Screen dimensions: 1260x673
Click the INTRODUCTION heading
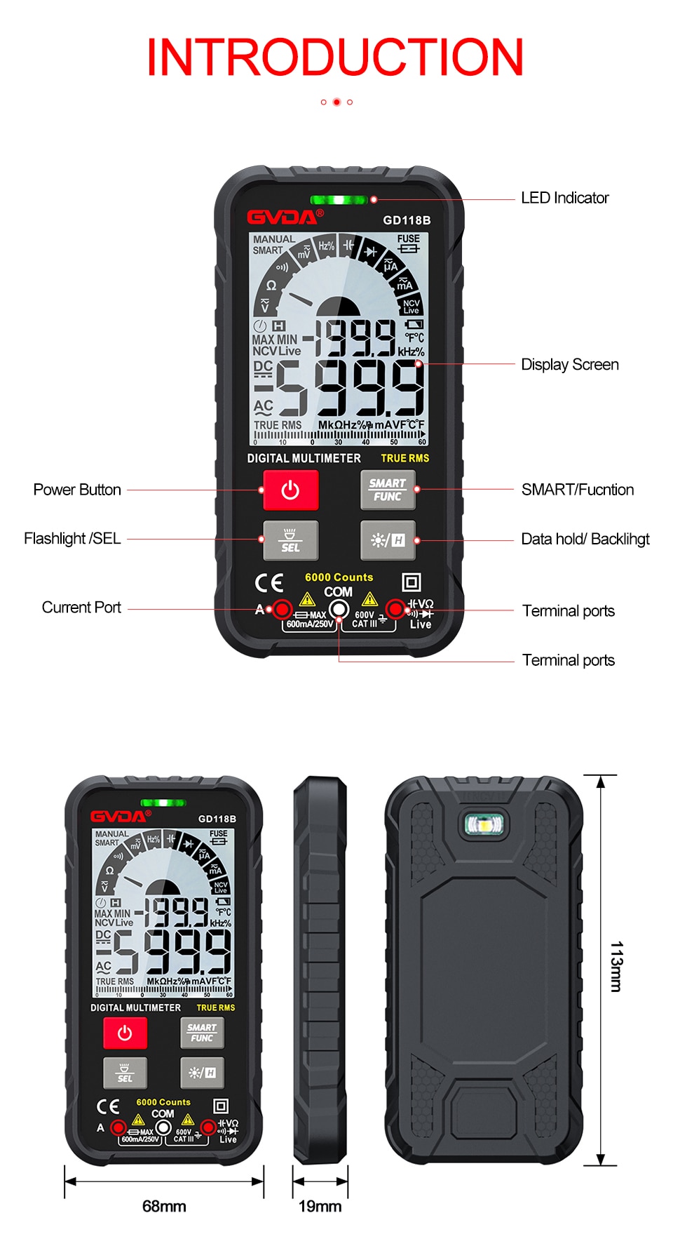coord(335,58)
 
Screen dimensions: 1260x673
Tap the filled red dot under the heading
coord(336,102)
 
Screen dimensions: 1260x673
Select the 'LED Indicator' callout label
coord(564,199)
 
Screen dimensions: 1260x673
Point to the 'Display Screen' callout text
coord(569,365)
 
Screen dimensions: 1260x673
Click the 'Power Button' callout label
coord(77,490)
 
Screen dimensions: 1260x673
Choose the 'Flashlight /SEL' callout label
coord(72,539)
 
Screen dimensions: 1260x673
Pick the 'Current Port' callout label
coord(81,608)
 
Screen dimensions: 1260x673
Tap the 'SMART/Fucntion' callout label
coord(577,490)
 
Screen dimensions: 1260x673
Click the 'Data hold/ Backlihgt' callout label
coord(585,539)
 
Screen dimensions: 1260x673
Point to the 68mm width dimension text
coord(164,1206)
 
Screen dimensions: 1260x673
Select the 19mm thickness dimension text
coord(320,1206)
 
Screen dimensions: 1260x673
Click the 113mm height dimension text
coord(616,967)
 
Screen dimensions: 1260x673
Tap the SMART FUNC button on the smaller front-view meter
coord(202,1033)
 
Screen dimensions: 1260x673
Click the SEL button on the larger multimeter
coord(290,540)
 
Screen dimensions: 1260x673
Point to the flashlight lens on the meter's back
coord(484,824)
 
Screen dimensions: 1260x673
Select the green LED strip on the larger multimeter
coord(339,200)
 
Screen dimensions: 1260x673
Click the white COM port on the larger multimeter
coord(339,609)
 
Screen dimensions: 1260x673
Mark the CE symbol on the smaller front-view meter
coord(108,1106)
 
